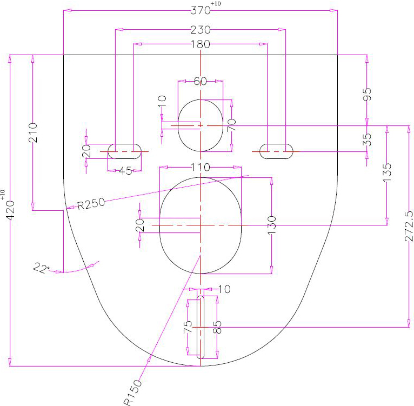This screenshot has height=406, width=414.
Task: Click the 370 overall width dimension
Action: click(x=201, y=11)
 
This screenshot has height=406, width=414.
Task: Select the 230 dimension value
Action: click(x=201, y=30)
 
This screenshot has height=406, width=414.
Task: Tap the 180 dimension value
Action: click(x=201, y=44)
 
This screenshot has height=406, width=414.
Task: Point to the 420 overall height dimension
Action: click(x=11, y=210)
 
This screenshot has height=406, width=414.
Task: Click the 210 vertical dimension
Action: click(x=33, y=132)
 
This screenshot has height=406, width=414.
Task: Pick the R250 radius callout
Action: click(x=91, y=204)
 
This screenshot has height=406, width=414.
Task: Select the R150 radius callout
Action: click(x=133, y=392)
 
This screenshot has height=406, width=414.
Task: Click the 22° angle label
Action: click(x=41, y=268)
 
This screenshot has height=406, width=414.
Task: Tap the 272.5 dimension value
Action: click(x=409, y=225)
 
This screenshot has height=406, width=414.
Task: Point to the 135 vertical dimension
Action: click(x=387, y=172)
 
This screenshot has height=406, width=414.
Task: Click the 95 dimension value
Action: click(x=367, y=94)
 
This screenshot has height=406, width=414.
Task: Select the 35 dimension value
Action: click(x=367, y=139)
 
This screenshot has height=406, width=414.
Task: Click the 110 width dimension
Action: click(x=201, y=167)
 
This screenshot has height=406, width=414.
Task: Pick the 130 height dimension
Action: click(x=272, y=225)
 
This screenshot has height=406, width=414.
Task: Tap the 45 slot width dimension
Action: click(x=125, y=171)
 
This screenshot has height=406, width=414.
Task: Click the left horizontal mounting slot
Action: click(x=124, y=151)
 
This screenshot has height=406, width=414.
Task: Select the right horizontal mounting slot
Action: click(x=276, y=151)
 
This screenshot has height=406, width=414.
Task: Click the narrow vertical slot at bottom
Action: click(x=201, y=327)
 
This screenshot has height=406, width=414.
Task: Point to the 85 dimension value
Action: click(x=217, y=327)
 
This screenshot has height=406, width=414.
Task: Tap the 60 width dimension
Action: click(x=201, y=81)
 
